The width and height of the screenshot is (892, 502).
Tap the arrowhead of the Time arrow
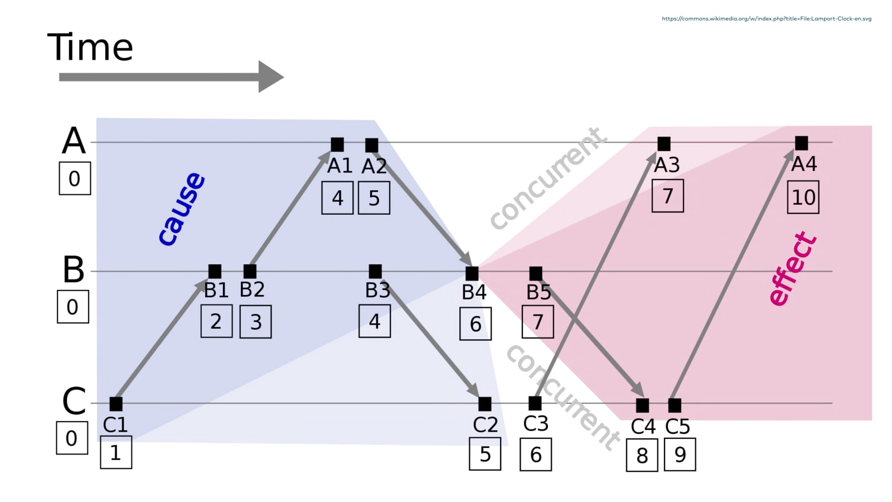(270, 77)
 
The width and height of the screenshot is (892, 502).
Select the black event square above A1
(337, 144)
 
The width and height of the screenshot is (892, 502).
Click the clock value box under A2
(374, 199)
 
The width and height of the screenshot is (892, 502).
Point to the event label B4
(474, 292)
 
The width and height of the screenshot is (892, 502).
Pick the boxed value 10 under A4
(803, 197)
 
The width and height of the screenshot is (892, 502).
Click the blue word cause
(182, 209)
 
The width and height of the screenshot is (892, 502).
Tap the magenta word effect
(792, 269)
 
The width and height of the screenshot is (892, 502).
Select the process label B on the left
(74, 270)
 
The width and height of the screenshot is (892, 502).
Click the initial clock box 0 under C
(72, 438)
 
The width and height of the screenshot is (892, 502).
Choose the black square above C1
(116, 403)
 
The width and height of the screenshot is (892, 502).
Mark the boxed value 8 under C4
(642, 456)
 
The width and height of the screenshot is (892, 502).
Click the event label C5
(677, 427)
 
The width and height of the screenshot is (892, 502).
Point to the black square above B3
(375, 272)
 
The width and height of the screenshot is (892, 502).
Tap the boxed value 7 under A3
(667, 196)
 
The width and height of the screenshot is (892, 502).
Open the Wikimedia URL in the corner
(767, 18)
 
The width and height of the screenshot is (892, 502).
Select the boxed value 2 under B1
(216, 322)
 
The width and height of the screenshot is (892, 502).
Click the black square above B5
(536, 273)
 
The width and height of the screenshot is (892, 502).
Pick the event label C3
(536, 424)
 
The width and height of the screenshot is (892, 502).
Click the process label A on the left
(74, 141)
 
